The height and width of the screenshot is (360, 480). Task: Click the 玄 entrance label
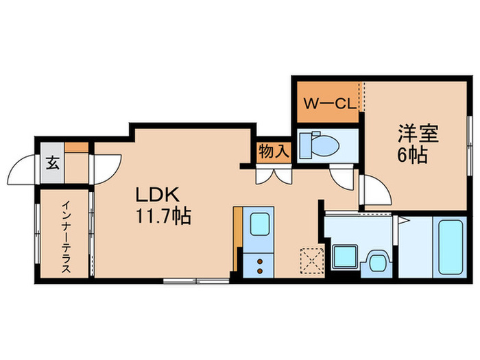(52, 163)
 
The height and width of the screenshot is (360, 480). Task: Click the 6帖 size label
(413, 155)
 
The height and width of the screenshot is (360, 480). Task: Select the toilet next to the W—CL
(320, 144)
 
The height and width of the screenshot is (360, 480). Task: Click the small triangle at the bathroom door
(405, 219)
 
